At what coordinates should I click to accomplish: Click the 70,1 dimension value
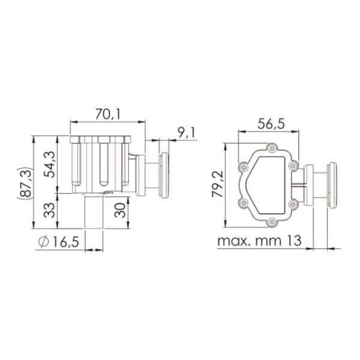point(107,114)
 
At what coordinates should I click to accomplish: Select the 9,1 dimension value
point(187,133)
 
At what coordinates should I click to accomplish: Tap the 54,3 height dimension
point(50,164)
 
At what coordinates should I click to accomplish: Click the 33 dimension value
point(50,210)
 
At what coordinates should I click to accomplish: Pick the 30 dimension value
point(121,210)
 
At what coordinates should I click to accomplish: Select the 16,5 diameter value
point(66,242)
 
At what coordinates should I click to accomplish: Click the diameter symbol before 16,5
point(44,242)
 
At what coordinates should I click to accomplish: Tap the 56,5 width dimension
point(271,124)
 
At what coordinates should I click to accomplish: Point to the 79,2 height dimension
point(218,184)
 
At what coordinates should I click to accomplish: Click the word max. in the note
point(234,241)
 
